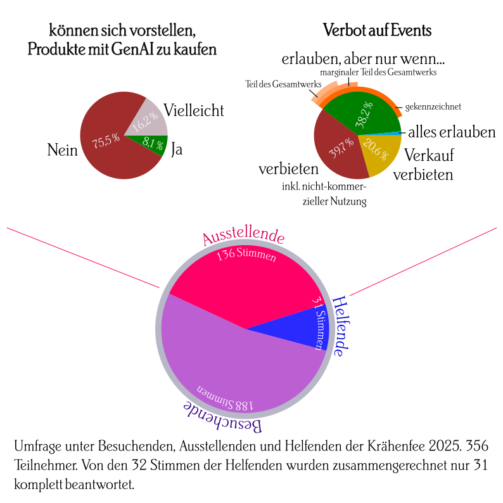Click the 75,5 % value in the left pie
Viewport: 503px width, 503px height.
point(106,142)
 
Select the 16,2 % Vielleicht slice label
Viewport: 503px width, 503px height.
point(145,118)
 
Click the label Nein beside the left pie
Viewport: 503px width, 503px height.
point(62,150)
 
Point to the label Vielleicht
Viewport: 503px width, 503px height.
point(194,110)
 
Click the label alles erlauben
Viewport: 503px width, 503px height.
point(451,132)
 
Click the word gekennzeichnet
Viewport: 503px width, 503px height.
point(433,106)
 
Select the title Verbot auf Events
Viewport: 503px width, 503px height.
point(378,30)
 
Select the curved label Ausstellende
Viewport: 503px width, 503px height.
point(243,236)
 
